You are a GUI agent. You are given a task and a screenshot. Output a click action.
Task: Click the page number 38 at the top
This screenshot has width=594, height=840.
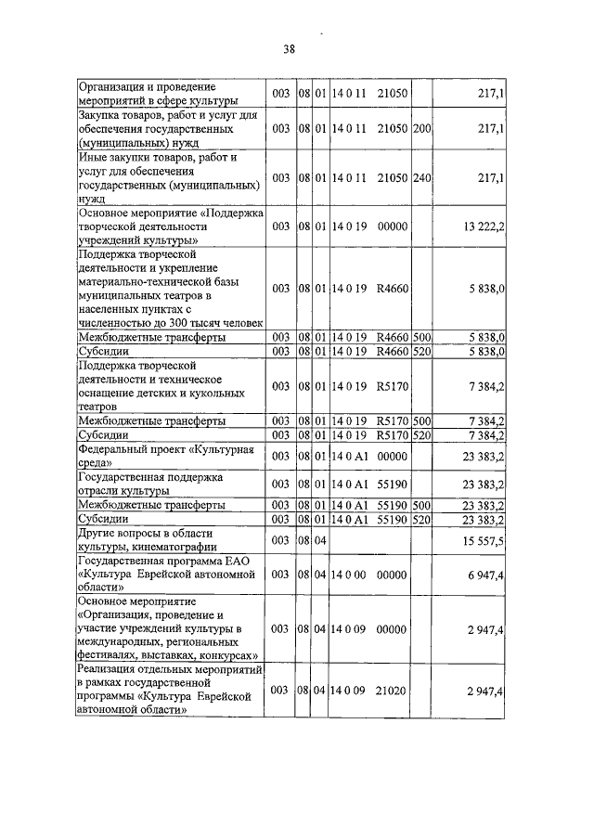[289, 50]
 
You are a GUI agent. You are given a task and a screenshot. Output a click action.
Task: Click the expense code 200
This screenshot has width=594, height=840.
[421, 130]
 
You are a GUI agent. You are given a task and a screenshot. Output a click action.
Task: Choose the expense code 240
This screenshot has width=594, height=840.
[421, 177]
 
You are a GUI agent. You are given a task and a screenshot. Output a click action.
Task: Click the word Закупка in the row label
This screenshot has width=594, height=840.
[102, 115]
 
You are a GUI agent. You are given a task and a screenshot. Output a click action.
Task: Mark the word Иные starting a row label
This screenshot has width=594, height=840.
[94, 158]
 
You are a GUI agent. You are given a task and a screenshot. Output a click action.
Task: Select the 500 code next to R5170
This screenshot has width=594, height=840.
[421, 420]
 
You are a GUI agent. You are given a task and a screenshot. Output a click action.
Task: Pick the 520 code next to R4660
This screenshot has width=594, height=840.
[421, 352]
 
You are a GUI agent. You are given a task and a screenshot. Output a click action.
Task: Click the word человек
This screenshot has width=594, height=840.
[235, 322]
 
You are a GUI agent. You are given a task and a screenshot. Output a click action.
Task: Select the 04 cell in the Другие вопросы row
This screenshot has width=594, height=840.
[318, 540]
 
